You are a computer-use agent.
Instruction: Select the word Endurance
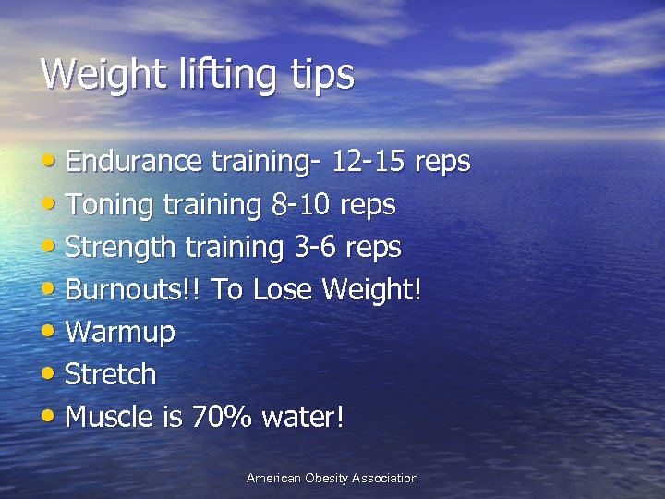pyautogui.click(x=134, y=162)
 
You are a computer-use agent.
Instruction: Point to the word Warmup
pyautogui.click(x=120, y=333)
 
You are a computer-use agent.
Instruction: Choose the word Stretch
pyautogui.click(x=111, y=375)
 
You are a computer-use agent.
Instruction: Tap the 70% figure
pyautogui.click(x=222, y=418)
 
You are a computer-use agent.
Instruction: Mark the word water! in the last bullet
pyautogui.click(x=303, y=418)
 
